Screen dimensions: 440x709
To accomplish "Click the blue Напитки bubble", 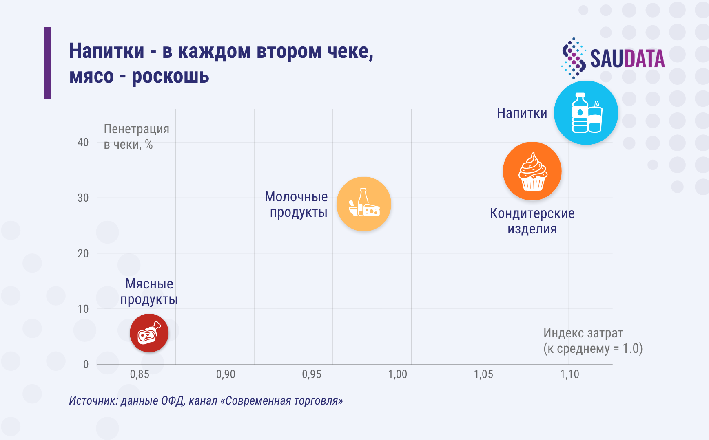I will (x=586, y=113).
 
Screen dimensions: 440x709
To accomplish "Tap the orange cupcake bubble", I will (x=532, y=171).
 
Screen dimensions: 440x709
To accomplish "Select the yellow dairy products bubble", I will (x=363, y=204).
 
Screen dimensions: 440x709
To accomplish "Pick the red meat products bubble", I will (x=149, y=333).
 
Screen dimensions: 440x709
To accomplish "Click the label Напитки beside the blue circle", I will (x=522, y=113).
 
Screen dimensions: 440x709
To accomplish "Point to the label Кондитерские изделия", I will (x=532, y=221).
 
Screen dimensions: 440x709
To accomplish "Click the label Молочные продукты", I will (x=297, y=204).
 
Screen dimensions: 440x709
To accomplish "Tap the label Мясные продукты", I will (x=149, y=291).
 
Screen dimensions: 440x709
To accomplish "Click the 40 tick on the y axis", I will (x=83, y=143).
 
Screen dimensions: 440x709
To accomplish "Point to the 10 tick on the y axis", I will (x=83, y=309).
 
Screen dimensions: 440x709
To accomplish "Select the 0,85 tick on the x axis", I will (x=140, y=374).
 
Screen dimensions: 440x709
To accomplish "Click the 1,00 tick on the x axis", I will (x=397, y=374).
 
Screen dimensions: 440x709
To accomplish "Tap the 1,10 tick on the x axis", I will (x=569, y=374).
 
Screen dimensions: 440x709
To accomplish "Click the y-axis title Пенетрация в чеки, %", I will (x=136, y=136).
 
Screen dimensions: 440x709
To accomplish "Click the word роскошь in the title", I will (x=171, y=76).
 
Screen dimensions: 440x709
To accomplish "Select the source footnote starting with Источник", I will (x=206, y=400).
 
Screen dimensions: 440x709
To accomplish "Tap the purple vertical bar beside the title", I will (x=47, y=63).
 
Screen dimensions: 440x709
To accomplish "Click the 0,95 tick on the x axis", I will (x=312, y=374).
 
